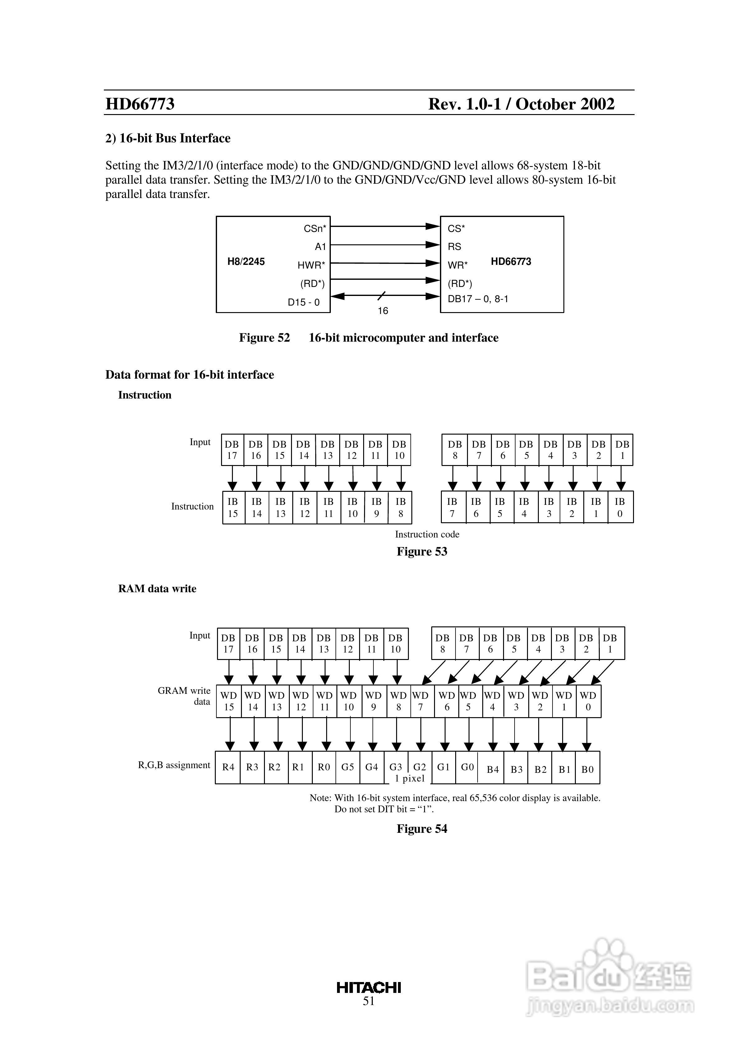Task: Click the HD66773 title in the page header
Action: (140, 104)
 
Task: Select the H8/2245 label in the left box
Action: (246, 262)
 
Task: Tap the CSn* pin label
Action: (315, 228)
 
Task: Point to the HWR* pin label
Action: (311, 265)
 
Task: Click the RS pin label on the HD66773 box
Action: (454, 247)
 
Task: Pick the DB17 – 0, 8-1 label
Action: (478, 299)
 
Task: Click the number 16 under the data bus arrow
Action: (383, 311)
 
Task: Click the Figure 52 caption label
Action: (264, 338)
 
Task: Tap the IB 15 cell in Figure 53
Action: (233, 508)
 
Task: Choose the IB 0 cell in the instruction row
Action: (620, 508)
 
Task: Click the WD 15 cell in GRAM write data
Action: (229, 701)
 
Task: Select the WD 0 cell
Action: (588, 701)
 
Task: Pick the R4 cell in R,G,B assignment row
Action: (228, 768)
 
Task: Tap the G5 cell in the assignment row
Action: (348, 768)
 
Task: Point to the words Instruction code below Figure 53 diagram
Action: (427, 534)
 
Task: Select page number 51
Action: (369, 1001)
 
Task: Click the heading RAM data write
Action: (157, 589)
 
